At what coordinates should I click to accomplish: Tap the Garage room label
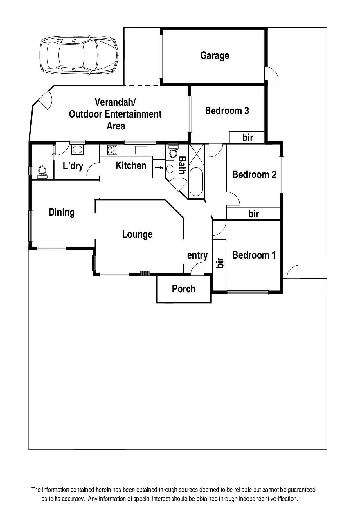[215, 55]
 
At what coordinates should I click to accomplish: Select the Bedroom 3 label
[227, 111]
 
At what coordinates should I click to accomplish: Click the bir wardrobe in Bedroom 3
[247, 137]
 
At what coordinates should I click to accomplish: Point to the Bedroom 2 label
[254, 174]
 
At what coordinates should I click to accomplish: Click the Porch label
[184, 289]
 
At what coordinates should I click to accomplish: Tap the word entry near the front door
[197, 255]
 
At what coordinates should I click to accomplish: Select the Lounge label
[137, 234]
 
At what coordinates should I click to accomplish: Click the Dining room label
[62, 212]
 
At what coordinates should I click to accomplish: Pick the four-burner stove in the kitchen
[112, 150]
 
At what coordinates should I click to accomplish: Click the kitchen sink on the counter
[141, 150]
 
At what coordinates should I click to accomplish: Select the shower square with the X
[196, 154]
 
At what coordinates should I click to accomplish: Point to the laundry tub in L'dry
[78, 149]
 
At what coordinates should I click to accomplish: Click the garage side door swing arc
[272, 73]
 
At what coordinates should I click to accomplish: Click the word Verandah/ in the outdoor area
[115, 102]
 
